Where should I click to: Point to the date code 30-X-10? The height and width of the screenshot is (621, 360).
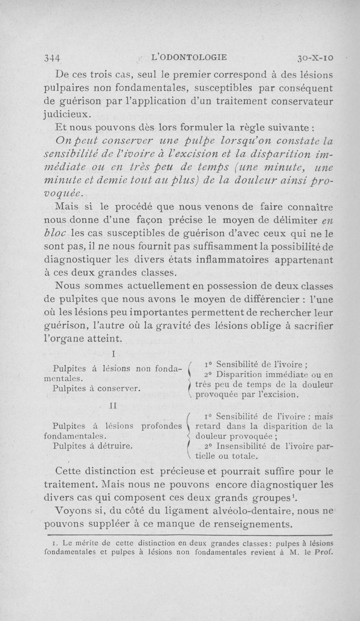coord(313,58)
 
